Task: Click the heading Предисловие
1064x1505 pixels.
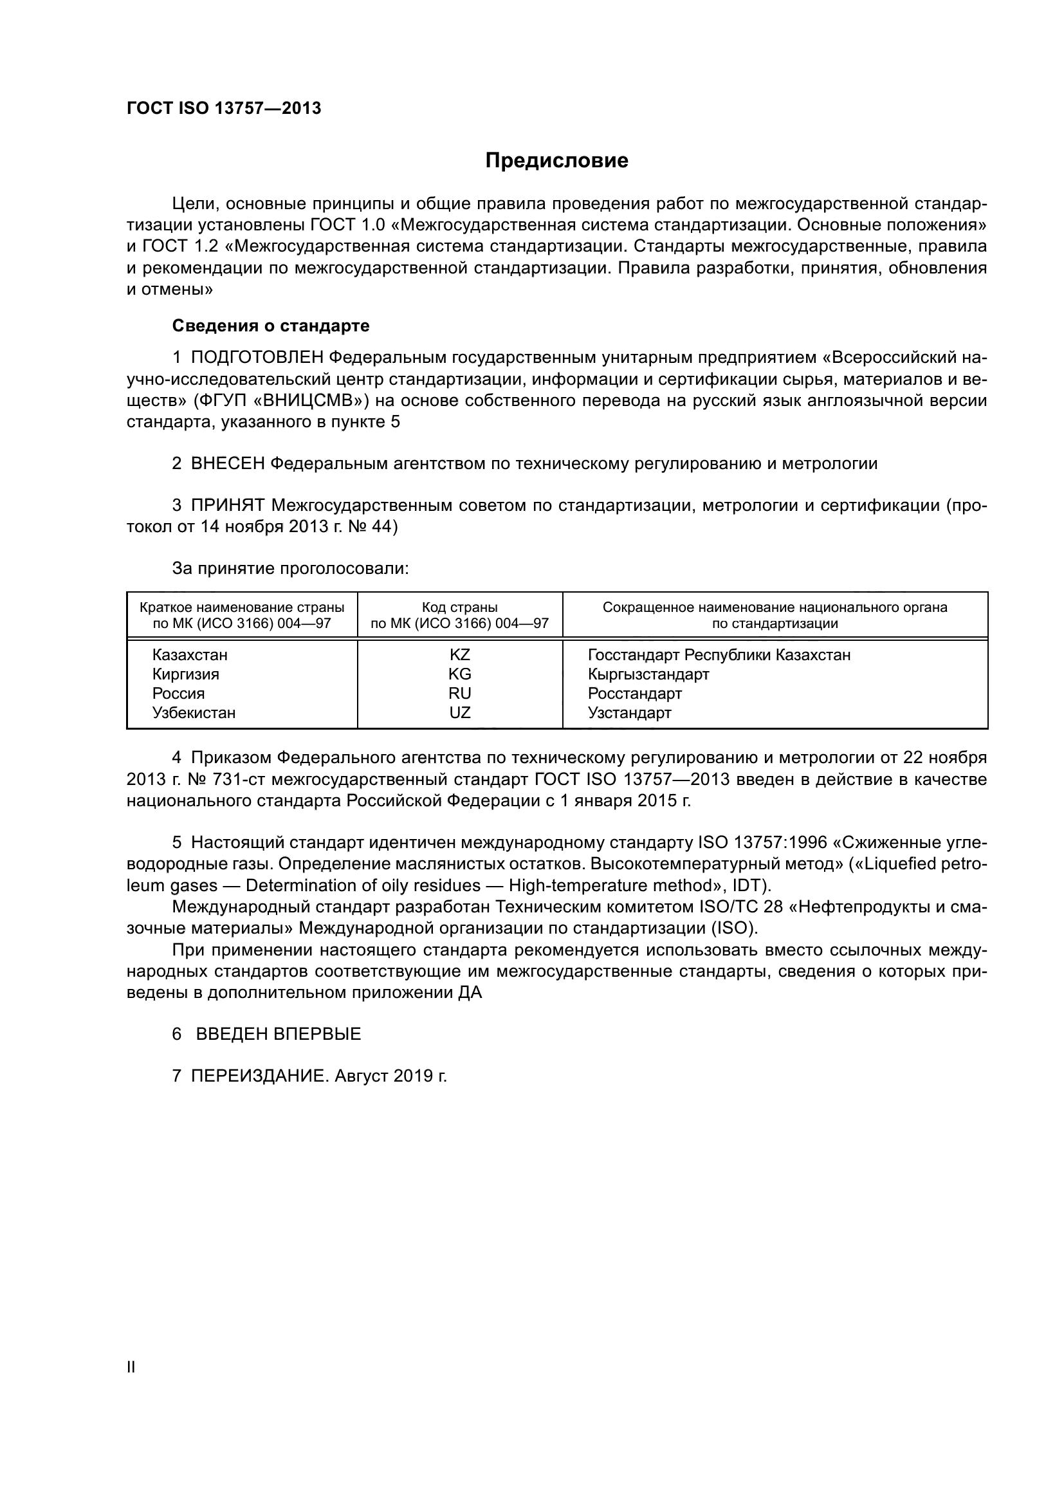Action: (x=556, y=161)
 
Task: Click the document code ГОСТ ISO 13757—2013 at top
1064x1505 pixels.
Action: (x=224, y=109)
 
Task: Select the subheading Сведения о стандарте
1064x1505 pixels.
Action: (x=271, y=326)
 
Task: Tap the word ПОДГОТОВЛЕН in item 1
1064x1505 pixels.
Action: (x=257, y=358)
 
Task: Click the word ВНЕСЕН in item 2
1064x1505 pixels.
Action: (x=227, y=464)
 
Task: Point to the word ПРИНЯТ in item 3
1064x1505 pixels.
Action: (x=227, y=505)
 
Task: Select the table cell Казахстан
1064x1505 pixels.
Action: (x=190, y=655)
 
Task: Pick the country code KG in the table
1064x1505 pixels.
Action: (x=460, y=674)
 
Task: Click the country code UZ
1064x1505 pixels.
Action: (x=460, y=712)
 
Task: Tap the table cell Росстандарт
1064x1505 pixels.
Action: (x=634, y=694)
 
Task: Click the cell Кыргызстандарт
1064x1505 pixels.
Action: (x=648, y=674)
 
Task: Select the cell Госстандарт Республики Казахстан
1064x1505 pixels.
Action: (x=719, y=655)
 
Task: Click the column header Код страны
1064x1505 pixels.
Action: (x=460, y=607)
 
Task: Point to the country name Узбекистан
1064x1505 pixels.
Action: (x=194, y=712)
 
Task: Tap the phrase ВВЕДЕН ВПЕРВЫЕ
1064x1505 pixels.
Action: (x=279, y=1035)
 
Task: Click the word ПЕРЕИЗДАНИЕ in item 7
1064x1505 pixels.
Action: (x=258, y=1076)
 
